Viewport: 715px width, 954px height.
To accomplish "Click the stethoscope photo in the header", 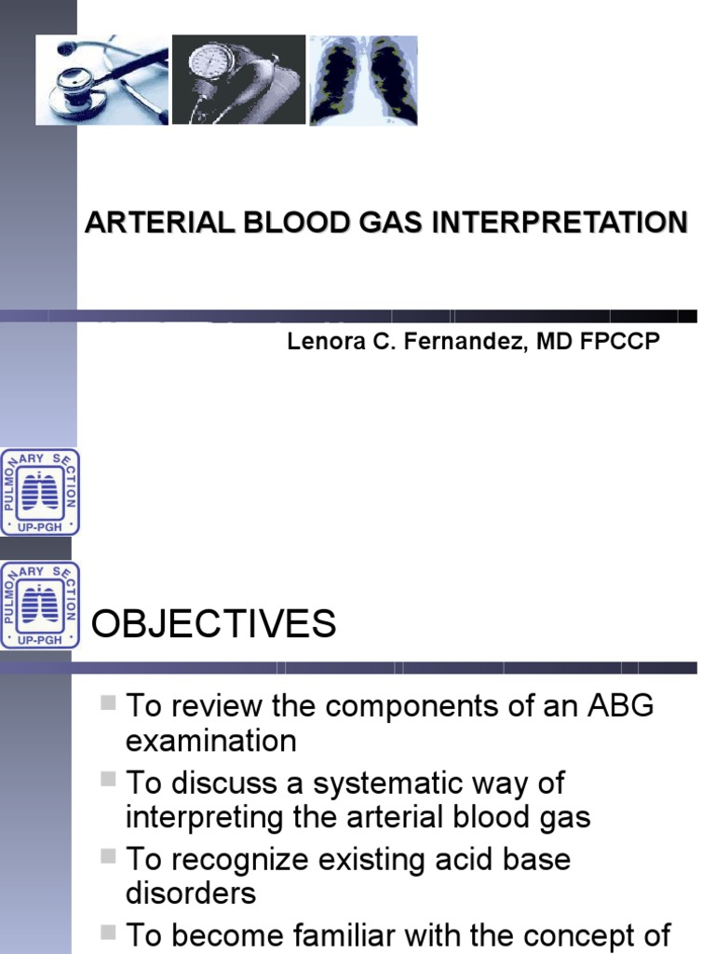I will click(102, 80).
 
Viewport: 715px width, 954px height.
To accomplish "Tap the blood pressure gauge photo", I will click(238, 80).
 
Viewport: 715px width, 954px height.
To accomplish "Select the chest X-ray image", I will click(363, 80).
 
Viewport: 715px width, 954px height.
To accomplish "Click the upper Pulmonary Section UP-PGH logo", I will click(40, 492).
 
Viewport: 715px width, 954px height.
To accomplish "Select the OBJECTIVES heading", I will click(214, 624).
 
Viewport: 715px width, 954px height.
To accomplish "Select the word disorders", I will click(190, 893).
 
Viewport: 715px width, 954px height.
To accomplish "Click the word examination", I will click(211, 742).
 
